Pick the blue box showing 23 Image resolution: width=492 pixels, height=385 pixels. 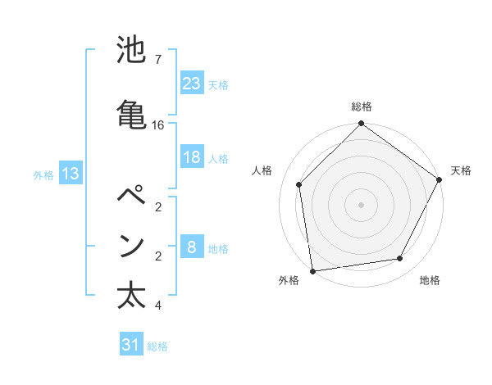tap(192, 84)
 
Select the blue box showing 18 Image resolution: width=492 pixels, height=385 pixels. tap(192, 158)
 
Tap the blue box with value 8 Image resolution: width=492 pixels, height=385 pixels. tap(192, 248)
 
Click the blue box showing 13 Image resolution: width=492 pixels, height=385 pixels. tap(70, 174)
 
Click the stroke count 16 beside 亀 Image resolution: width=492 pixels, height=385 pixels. tap(158, 125)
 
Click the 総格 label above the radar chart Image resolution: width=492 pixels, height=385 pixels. tap(362, 107)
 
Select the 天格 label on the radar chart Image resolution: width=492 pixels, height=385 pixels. tap(461, 170)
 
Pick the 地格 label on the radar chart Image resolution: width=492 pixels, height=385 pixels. tap(430, 281)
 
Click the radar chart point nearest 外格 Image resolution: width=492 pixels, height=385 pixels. tap(312, 270)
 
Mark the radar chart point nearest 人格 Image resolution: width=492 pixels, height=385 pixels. tap(299, 184)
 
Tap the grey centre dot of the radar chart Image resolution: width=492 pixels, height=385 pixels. tap(362, 204)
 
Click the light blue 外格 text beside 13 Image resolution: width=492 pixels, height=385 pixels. tap(43, 174)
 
